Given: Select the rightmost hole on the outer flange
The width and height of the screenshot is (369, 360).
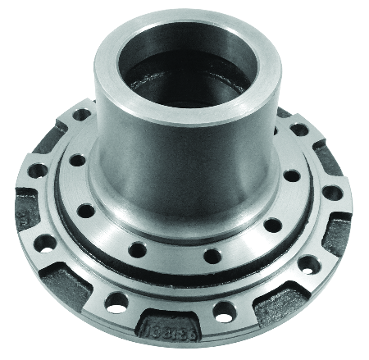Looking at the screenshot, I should [332, 194].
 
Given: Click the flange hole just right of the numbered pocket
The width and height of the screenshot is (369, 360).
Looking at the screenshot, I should [223, 311].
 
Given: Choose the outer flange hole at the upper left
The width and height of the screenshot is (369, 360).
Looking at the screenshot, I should [82, 115].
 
